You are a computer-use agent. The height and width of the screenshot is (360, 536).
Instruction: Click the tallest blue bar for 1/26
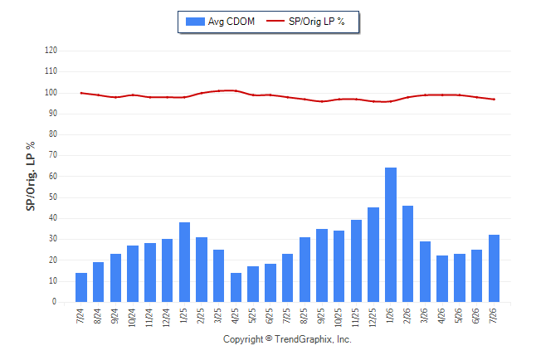(391, 235)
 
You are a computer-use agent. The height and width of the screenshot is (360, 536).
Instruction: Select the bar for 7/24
(81, 288)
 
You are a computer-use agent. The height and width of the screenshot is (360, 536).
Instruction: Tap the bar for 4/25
(236, 288)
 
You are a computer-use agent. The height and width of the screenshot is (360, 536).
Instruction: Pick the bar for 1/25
(184, 262)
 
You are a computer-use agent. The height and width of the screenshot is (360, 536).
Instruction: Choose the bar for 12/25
(373, 255)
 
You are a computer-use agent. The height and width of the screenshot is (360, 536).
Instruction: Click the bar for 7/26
(494, 269)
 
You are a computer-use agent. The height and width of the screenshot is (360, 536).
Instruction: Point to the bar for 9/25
(322, 265)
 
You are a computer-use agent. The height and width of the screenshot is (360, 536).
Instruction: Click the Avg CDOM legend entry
(220, 22)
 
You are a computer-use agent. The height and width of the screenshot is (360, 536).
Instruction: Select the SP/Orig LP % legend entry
(305, 22)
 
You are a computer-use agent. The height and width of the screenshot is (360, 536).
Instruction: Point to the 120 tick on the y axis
(51, 51)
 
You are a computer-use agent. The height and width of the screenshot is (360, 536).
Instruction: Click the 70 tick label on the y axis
(52, 155)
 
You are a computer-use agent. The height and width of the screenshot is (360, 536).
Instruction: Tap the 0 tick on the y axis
(55, 302)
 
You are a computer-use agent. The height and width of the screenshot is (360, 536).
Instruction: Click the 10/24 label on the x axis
(132, 318)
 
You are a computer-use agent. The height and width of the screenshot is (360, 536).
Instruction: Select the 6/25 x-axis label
(270, 316)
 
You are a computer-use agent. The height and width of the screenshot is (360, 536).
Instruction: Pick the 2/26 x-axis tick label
(407, 316)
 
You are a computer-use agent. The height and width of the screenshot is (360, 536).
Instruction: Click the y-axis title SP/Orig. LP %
(31, 176)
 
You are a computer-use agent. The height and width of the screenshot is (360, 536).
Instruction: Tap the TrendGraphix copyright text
(287, 339)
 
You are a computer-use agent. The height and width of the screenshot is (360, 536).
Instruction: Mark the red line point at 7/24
(81, 93)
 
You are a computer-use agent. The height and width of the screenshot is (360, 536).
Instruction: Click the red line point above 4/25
(236, 90)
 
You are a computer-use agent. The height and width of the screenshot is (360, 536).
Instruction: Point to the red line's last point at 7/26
(494, 100)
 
